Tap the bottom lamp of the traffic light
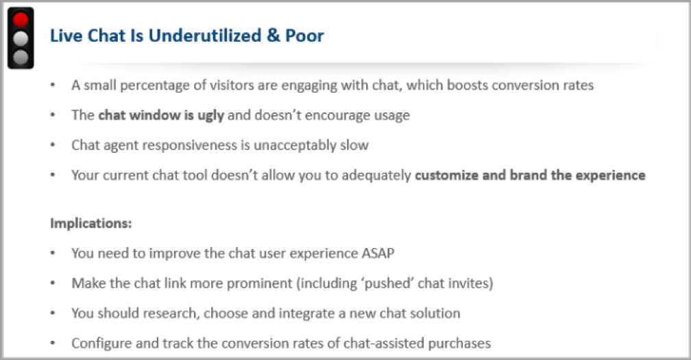coord(21,56)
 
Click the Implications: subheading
coord(91,224)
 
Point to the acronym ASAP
coord(378,253)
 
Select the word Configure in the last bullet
coord(99,343)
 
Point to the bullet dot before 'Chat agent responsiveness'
coord(53,145)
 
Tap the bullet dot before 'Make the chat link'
coord(53,283)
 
